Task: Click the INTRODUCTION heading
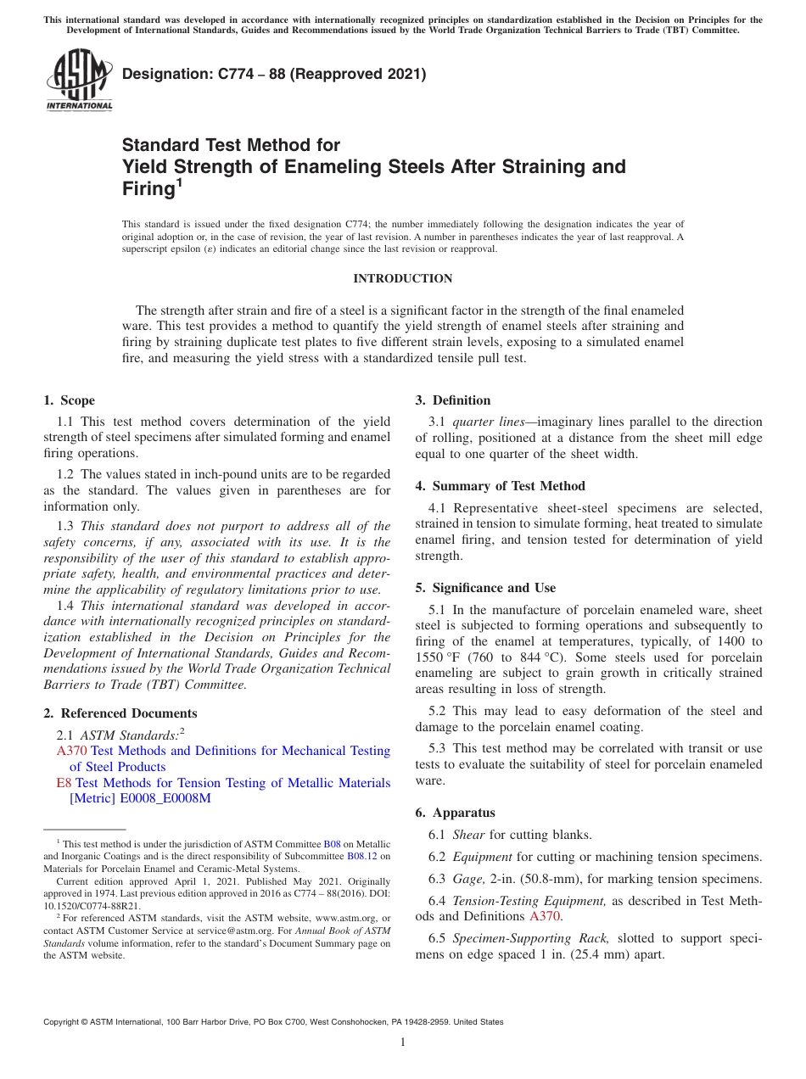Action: (402, 278)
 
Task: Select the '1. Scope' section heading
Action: (69, 400)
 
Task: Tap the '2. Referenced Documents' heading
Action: (120, 713)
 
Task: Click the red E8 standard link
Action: (64, 783)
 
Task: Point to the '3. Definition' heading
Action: (452, 400)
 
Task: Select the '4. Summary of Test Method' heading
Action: (500, 486)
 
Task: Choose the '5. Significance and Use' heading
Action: (485, 588)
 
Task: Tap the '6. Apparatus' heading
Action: (456, 813)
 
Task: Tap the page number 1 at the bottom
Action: (403, 1042)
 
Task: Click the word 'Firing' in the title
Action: (148, 188)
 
